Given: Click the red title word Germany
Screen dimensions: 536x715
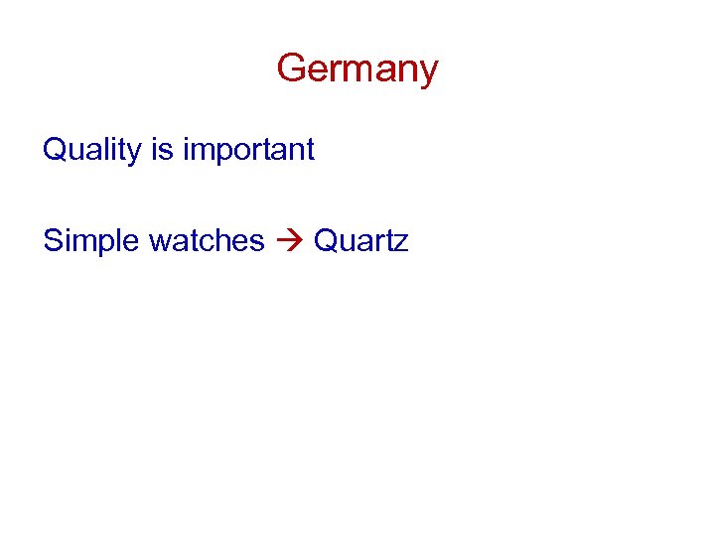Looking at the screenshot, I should pos(357,69).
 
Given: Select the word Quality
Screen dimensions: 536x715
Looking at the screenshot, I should pos(94,150).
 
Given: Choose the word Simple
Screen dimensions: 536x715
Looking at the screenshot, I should pos(91,240).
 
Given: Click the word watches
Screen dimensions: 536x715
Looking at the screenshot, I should pos(207,240).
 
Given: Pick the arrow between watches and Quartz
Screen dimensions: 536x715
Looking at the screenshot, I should pos(289,241).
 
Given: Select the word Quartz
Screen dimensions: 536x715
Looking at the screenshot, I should pos(360,240).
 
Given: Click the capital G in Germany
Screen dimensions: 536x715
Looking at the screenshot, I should pos(291,68).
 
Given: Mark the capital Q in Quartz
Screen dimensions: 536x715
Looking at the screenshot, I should pos(327,240).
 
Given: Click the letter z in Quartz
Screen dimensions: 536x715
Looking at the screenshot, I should pos(400,243).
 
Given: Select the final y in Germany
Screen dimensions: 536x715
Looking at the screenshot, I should pos(428,73).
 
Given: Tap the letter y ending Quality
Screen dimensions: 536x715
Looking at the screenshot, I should pos(139,154).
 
